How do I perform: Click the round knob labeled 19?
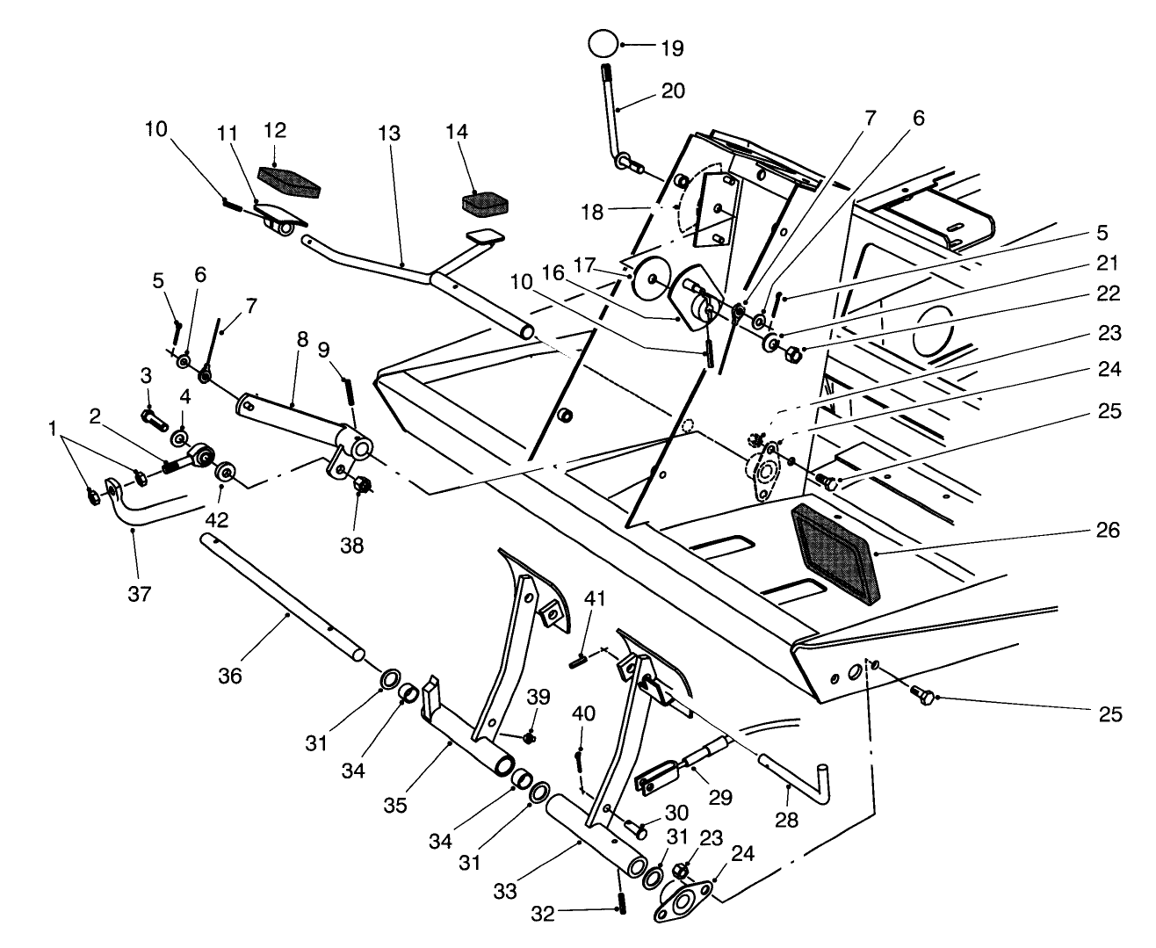pyautogui.click(x=603, y=44)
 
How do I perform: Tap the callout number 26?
pyautogui.click(x=1109, y=530)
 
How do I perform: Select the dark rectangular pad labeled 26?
pyautogui.click(x=833, y=555)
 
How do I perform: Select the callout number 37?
pyautogui.click(x=139, y=594)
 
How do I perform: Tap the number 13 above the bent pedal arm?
pyautogui.click(x=389, y=134)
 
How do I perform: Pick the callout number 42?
pyautogui.click(x=218, y=519)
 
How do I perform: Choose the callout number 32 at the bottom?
pyautogui.click(x=544, y=914)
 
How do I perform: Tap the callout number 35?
pyautogui.click(x=395, y=806)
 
